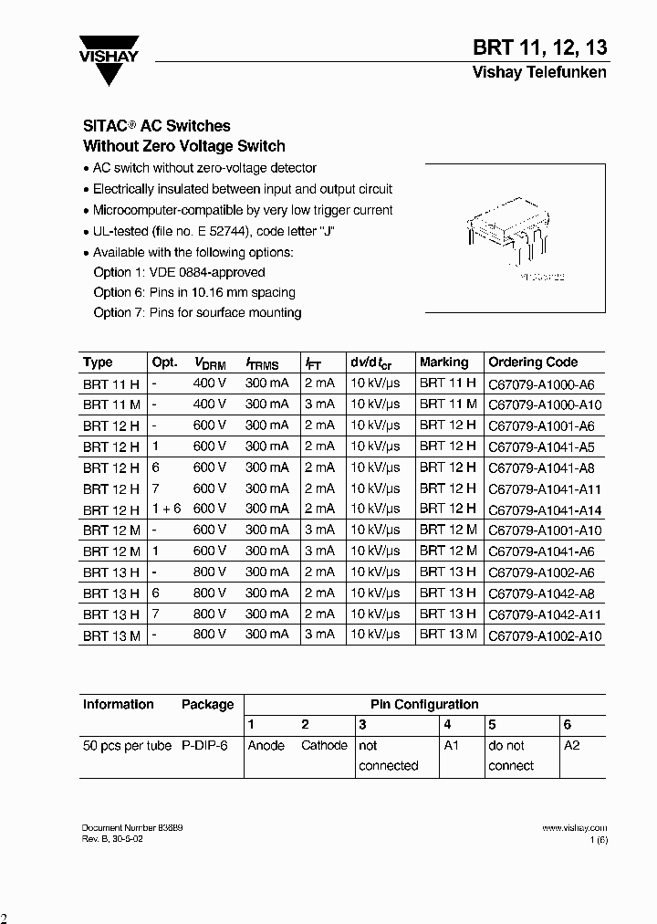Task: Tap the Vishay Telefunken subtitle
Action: tap(538, 72)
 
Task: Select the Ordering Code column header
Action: tap(533, 362)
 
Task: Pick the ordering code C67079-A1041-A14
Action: tap(546, 509)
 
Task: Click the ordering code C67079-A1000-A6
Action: tap(541, 383)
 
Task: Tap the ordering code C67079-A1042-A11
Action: tap(546, 614)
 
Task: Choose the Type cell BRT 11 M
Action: tap(111, 404)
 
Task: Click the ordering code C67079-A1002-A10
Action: tap(546, 635)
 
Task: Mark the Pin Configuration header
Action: tap(424, 704)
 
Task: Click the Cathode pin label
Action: tap(324, 745)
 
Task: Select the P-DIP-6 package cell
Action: tap(204, 745)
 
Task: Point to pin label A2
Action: tap(572, 745)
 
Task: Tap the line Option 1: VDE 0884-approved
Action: tap(179, 272)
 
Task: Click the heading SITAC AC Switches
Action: tap(157, 126)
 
